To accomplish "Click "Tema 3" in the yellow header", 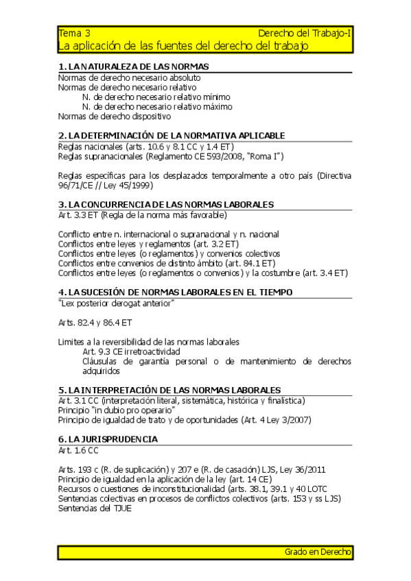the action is (x=74, y=33).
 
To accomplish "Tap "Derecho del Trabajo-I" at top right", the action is (x=305, y=33).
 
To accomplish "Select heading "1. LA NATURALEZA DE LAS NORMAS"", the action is (x=134, y=66).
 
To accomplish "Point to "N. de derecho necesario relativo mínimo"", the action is (x=156, y=97).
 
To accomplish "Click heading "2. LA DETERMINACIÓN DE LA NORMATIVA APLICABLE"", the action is (x=172, y=136).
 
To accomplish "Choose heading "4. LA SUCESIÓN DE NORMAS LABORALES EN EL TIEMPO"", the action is (x=176, y=292).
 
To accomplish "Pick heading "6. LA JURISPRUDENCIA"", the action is (x=108, y=438).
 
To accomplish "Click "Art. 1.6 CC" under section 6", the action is (x=78, y=449).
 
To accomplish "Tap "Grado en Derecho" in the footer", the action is (x=318, y=552).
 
